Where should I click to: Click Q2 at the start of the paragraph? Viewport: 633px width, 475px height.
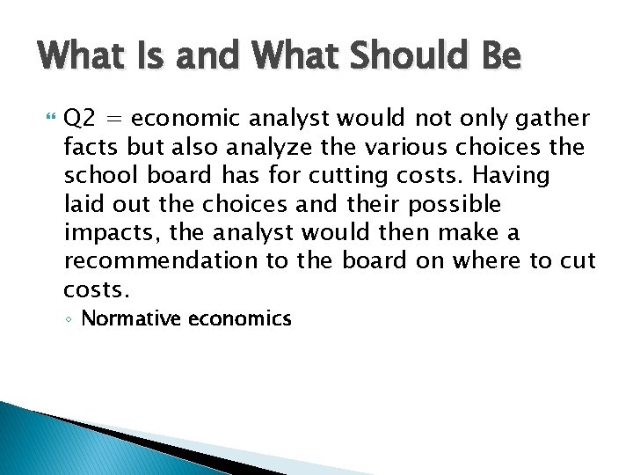point(79,119)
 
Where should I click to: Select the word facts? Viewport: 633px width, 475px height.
point(90,147)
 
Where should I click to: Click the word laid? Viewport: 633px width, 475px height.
point(83,204)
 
